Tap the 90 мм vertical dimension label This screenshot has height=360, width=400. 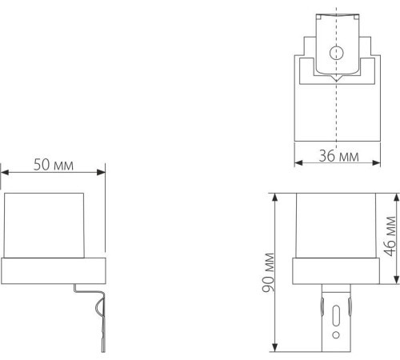click(269, 272)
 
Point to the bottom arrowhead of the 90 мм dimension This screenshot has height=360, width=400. click(274, 349)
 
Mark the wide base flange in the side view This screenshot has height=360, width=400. click(54, 272)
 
